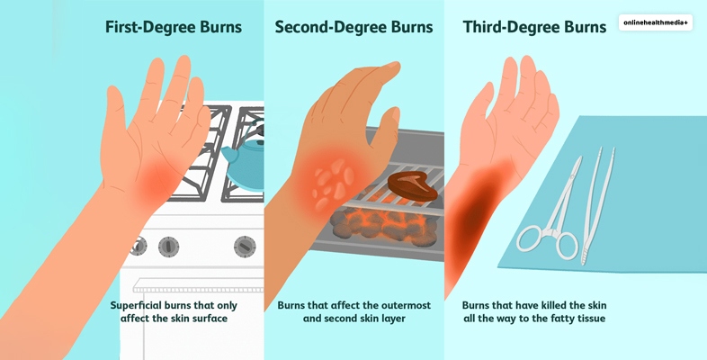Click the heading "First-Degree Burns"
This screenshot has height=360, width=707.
(x=174, y=27)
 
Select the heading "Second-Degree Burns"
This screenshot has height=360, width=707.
(x=354, y=27)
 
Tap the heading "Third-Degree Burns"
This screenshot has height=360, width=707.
(x=534, y=27)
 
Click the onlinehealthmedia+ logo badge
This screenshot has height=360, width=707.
(x=655, y=22)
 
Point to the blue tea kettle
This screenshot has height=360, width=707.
(x=246, y=162)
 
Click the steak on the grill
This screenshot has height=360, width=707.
(x=413, y=186)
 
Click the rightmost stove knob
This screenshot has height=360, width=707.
(x=245, y=247)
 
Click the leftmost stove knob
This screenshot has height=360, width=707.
(x=139, y=246)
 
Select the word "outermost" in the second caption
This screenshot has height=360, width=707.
(x=406, y=305)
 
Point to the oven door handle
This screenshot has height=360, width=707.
(x=199, y=285)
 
